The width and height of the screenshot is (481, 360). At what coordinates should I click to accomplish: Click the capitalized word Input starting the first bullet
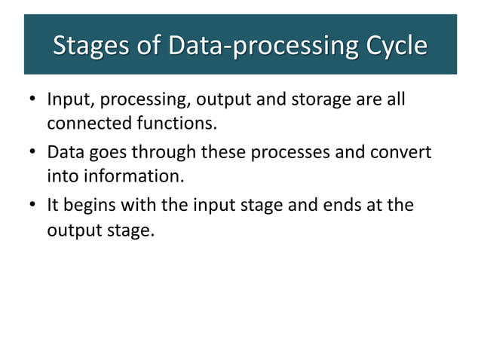point(69,99)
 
